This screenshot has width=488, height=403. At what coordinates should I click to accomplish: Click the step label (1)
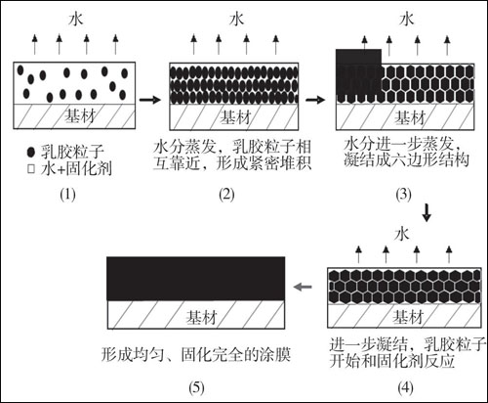click(67, 195)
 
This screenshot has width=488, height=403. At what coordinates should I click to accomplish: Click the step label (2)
click(226, 195)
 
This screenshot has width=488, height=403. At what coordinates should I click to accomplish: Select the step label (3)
click(403, 195)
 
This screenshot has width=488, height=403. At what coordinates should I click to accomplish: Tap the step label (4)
click(405, 387)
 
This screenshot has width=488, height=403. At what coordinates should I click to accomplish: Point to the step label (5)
click(196, 387)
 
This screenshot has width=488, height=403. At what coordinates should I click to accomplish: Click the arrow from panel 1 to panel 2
click(150, 100)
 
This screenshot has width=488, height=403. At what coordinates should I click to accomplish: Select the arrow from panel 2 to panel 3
click(315, 100)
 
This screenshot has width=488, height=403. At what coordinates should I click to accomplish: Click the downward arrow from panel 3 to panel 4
click(427, 212)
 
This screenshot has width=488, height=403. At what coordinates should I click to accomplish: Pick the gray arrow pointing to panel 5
click(303, 287)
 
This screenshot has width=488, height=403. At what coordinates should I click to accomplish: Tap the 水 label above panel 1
click(76, 20)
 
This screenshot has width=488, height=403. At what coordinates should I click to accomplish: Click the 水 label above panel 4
click(401, 234)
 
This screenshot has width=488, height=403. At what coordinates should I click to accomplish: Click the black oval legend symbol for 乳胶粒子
click(31, 152)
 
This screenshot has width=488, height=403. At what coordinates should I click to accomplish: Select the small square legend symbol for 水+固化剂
click(31, 169)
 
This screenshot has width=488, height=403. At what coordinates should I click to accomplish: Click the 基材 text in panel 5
click(202, 317)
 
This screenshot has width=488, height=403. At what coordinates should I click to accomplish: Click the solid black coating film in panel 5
click(196, 279)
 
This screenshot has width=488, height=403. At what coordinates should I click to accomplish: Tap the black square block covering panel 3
click(358, 75)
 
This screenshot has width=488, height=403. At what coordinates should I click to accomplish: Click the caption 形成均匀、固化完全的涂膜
click(196, 354)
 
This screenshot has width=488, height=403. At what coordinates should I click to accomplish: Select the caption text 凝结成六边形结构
click(406, 160)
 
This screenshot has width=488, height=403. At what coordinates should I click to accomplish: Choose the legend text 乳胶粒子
click(72, 152)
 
